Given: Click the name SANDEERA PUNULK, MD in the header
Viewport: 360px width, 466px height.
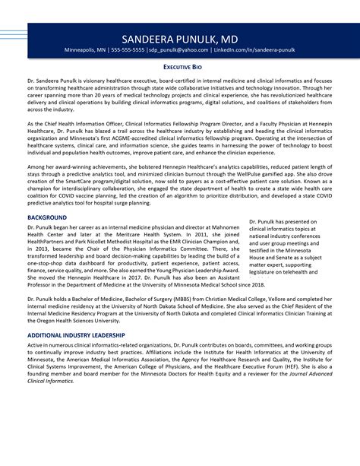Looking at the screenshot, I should [179, 38].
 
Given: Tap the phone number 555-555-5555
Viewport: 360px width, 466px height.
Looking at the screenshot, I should [131, 51].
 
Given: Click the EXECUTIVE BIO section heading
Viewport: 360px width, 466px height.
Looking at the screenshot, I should [180, 67].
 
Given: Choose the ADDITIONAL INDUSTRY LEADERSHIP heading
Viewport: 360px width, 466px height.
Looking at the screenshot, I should [76, 335].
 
